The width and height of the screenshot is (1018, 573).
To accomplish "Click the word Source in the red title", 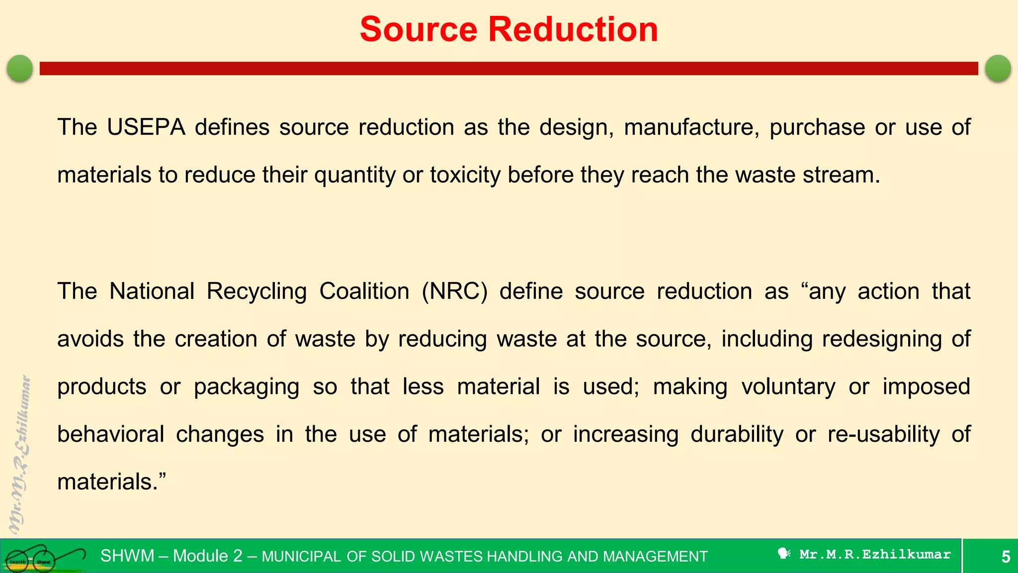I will pyautogui.click(x=419, y=29).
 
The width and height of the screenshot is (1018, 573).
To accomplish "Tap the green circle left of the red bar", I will pyautogui.click(x=20, y=68).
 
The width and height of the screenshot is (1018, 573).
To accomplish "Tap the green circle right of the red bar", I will pyautogui.click(x=998, y=68).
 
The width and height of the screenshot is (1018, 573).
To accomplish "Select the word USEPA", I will pyautogui.click(x=146, y=127).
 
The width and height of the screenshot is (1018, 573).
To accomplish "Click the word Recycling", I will pyautogui.click(x=256, y=291).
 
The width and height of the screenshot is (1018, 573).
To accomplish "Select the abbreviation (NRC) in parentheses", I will pyautogui.click(x=454, y=291).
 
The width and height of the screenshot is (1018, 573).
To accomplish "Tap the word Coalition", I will pyautogui.click(x=364, y=291).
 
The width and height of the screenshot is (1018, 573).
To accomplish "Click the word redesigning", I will pyautogui.click(x=882, y=339).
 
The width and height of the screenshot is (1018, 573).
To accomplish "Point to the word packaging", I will pyautogui.click(x=247, y=387).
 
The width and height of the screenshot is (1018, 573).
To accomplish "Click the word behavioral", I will pyautogui.click(x=110, y=434).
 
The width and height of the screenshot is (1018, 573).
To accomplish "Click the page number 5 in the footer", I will pyautogui.click(x=1006, y=557).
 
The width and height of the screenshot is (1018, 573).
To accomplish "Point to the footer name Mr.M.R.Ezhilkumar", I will pyautogui.click(x=875, y=555).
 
